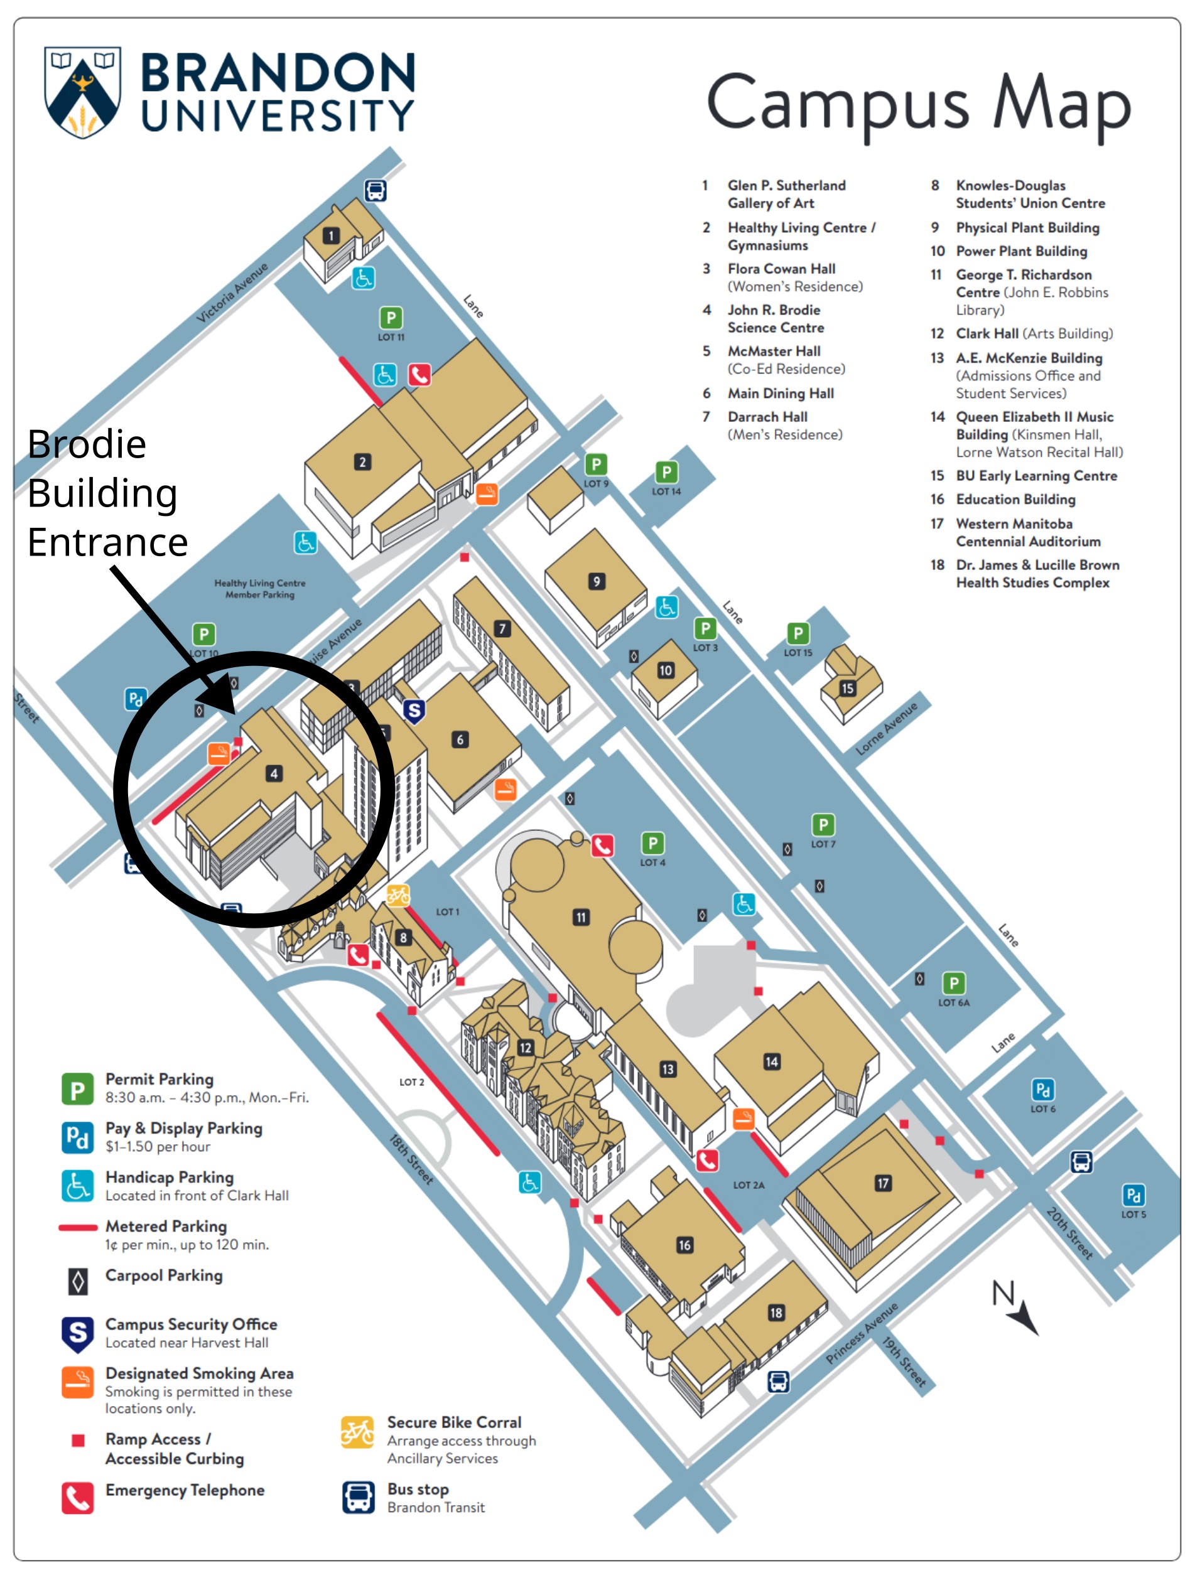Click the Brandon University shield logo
tap(82, 92)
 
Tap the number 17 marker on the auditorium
tap(883, 1183)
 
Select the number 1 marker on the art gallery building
tap(331, 235)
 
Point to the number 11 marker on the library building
tap(581, 917)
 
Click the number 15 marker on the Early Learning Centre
tap(847, 689)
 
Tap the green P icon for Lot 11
tap(391, 318)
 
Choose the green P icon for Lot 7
tap(823, 825)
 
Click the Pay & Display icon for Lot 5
tap(1133, 1195)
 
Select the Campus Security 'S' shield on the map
tap(414, 711)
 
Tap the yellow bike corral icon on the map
tap(397, 895)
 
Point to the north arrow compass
tap(1016, 1306)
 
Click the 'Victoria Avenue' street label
tap(232, 293)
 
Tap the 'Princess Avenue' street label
tap(862, 1333)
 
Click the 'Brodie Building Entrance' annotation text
tap(107, 493)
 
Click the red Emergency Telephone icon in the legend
tap(77, 1498)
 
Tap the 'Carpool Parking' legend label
tap(164, 1275)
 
